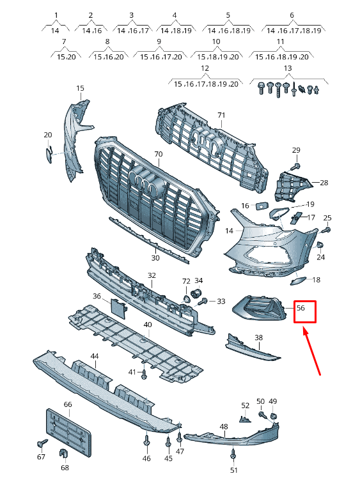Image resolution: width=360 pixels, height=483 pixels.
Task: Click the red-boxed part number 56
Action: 301,308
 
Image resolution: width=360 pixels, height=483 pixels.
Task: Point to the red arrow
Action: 312,352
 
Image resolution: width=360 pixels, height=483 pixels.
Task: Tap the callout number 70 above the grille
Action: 158,154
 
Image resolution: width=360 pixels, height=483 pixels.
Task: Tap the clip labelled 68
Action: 63,454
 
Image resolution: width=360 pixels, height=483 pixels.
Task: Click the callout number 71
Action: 221,115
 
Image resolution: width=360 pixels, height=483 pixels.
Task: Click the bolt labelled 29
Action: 295,167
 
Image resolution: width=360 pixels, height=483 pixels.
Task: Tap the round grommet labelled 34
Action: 196,293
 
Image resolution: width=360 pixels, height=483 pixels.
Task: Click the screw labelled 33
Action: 204,302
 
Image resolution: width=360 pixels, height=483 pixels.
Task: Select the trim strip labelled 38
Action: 253,348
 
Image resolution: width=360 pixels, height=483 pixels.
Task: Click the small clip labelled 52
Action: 244,419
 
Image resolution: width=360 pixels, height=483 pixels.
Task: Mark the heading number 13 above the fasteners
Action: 288,68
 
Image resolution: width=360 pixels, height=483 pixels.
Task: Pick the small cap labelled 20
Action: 49,154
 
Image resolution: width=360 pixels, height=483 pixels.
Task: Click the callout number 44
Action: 94,356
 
